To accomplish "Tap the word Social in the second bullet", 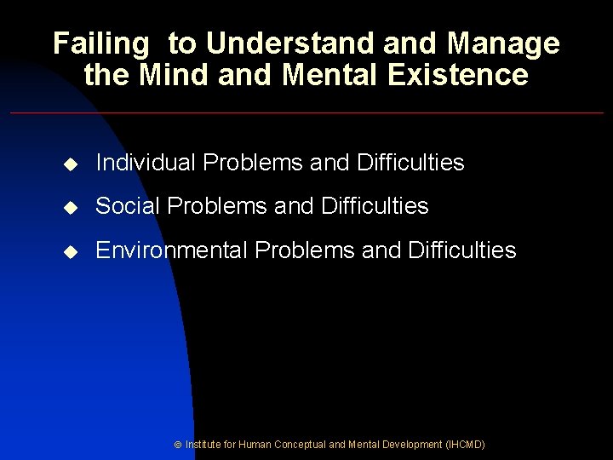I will [125, 206].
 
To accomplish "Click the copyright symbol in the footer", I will [177, 446].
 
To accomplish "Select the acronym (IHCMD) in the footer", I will [465, 445].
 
